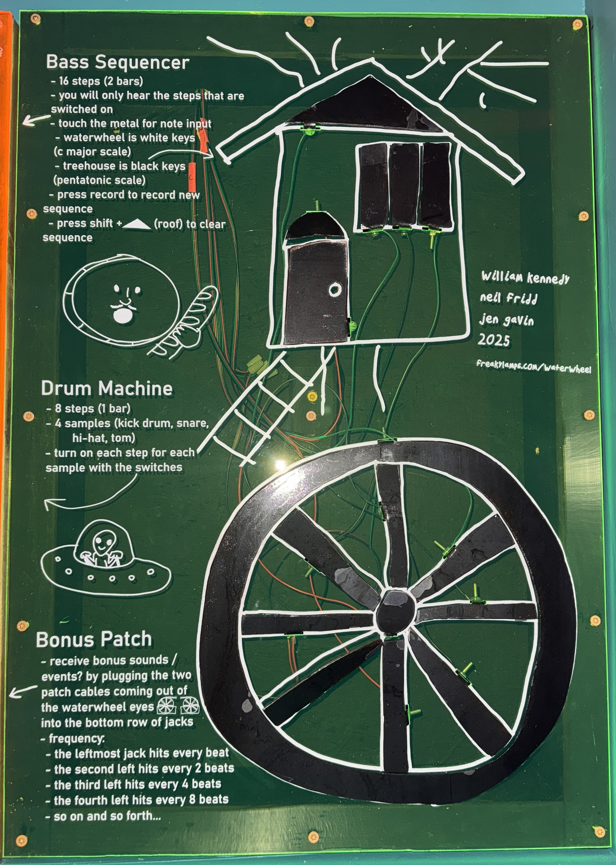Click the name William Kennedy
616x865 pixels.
coord(525,278)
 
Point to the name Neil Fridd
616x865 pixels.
coord(509,299)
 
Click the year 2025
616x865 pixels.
coord(494,340)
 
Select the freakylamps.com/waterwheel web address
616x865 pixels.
coord(534,366)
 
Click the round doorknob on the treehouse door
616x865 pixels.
coord(334,290)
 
